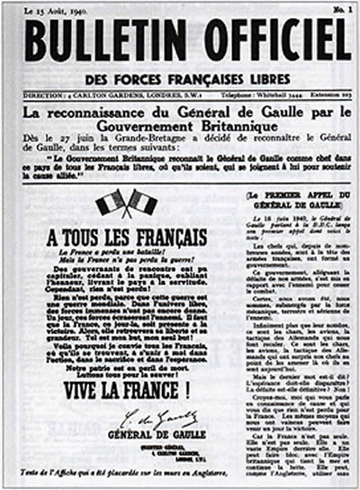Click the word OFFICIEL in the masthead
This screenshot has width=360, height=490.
point(274,40)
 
